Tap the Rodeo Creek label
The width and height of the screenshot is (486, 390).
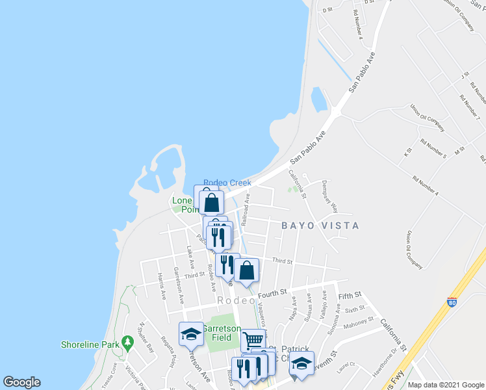(227, 183)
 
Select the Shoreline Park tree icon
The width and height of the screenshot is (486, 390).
(127, 342)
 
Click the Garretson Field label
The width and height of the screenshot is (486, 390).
(222, 333)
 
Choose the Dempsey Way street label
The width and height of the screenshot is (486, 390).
(330, 198)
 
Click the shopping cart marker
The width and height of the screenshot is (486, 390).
(253, 339)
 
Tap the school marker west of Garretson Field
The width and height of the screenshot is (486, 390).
(191, 334)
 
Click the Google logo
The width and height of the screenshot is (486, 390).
(21, 382)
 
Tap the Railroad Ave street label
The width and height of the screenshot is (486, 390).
(246, 208)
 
